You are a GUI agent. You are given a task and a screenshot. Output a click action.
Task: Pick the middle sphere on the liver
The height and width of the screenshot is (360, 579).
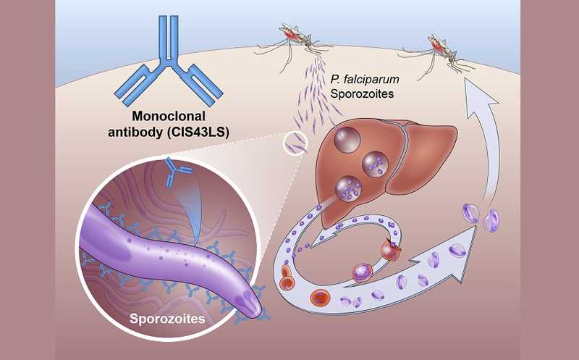point(376,162)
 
